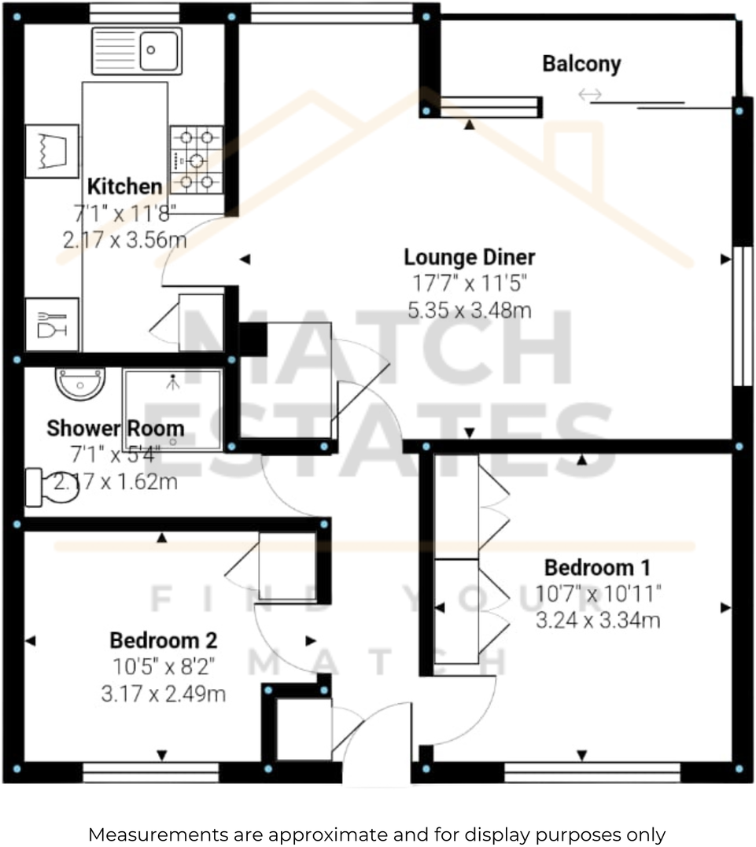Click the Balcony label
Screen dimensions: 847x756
point(581,64)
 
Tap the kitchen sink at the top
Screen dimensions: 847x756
point(137,50)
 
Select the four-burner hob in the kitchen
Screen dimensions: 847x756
point(196,160)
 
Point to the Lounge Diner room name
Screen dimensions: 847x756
point(470,257)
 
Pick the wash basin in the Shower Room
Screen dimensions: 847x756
point(79,383)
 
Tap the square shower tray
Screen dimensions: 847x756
point(172,409)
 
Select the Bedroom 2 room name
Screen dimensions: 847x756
point(164,639)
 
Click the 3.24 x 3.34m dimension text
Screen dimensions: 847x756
point(598,621)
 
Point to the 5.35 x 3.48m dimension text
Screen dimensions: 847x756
point(470,310)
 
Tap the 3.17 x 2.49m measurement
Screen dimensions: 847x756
point(164,694)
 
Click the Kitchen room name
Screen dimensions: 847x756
point(124,187)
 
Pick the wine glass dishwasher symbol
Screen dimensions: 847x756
point(52,324)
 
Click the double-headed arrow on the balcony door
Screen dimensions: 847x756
point(589,95)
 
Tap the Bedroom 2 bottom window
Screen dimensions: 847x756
point(150,775)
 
